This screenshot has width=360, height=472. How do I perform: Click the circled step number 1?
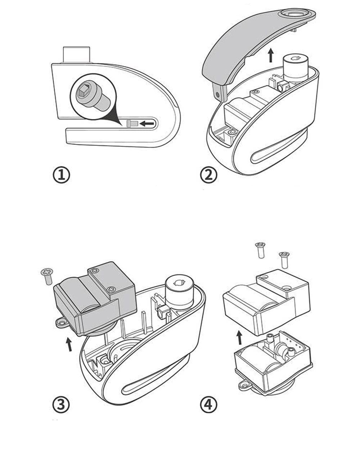(62, 175)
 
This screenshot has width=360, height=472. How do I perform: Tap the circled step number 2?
(209, 175)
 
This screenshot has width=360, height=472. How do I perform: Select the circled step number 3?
(61, 405)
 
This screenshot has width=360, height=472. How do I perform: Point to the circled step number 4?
(208, 405)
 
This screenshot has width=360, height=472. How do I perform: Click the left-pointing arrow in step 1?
(148, 124)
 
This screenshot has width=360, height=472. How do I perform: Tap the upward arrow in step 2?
(271, 56)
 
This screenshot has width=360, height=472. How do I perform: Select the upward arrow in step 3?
(69, 344)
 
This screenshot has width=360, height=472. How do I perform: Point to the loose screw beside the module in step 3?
(47, 276)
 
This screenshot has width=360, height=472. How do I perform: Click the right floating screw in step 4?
(284, 259)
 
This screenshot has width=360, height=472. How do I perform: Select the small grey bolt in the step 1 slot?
(132, 124)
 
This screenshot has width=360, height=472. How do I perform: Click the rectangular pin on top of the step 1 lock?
(76, 54)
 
